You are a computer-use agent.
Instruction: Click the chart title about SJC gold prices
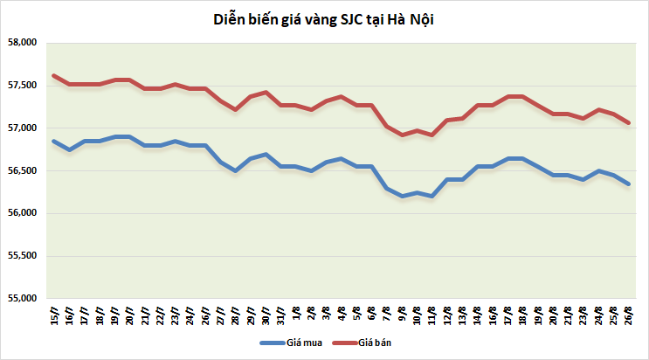(324, 18)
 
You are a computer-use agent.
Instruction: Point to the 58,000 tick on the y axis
(20, 43)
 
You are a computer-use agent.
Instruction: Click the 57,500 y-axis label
(20, 86)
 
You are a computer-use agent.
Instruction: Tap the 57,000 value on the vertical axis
(20, 128)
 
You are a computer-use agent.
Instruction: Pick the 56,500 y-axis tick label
(20, 171)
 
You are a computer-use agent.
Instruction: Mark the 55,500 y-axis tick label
(20, 256)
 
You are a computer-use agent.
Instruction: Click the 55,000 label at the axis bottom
(20, 299)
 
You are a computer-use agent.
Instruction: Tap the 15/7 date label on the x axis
(54, 315)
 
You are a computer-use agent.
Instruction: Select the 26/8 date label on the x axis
(629, 315)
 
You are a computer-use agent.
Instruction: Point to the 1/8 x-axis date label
(296, 315)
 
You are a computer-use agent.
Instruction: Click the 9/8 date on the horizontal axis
(402, 315)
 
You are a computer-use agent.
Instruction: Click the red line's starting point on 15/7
(54, 75)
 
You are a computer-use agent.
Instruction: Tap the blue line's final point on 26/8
(629, 183)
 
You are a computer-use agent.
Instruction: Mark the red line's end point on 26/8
(629, 122)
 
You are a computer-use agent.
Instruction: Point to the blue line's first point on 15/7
(54, 141)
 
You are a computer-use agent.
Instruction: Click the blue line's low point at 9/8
(402, 197)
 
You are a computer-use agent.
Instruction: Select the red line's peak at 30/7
(266, 92)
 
